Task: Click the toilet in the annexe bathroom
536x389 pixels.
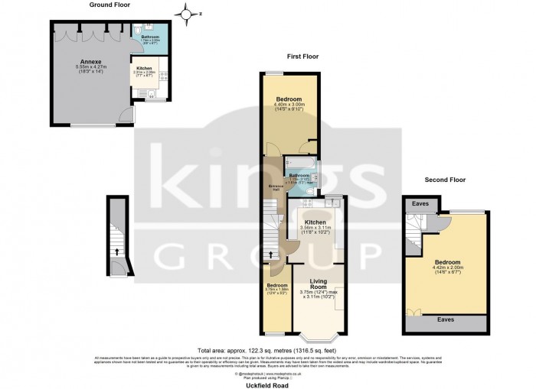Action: click(136, 33)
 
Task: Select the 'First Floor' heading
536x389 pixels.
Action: click(303, 57)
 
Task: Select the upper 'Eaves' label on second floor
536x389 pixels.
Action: click(420, 204)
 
